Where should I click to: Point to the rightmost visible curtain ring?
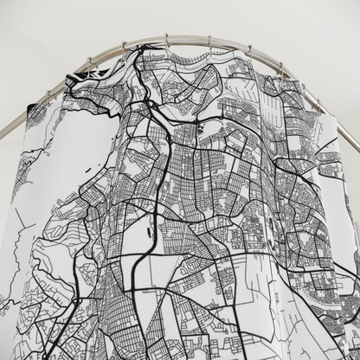click(318, 103)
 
